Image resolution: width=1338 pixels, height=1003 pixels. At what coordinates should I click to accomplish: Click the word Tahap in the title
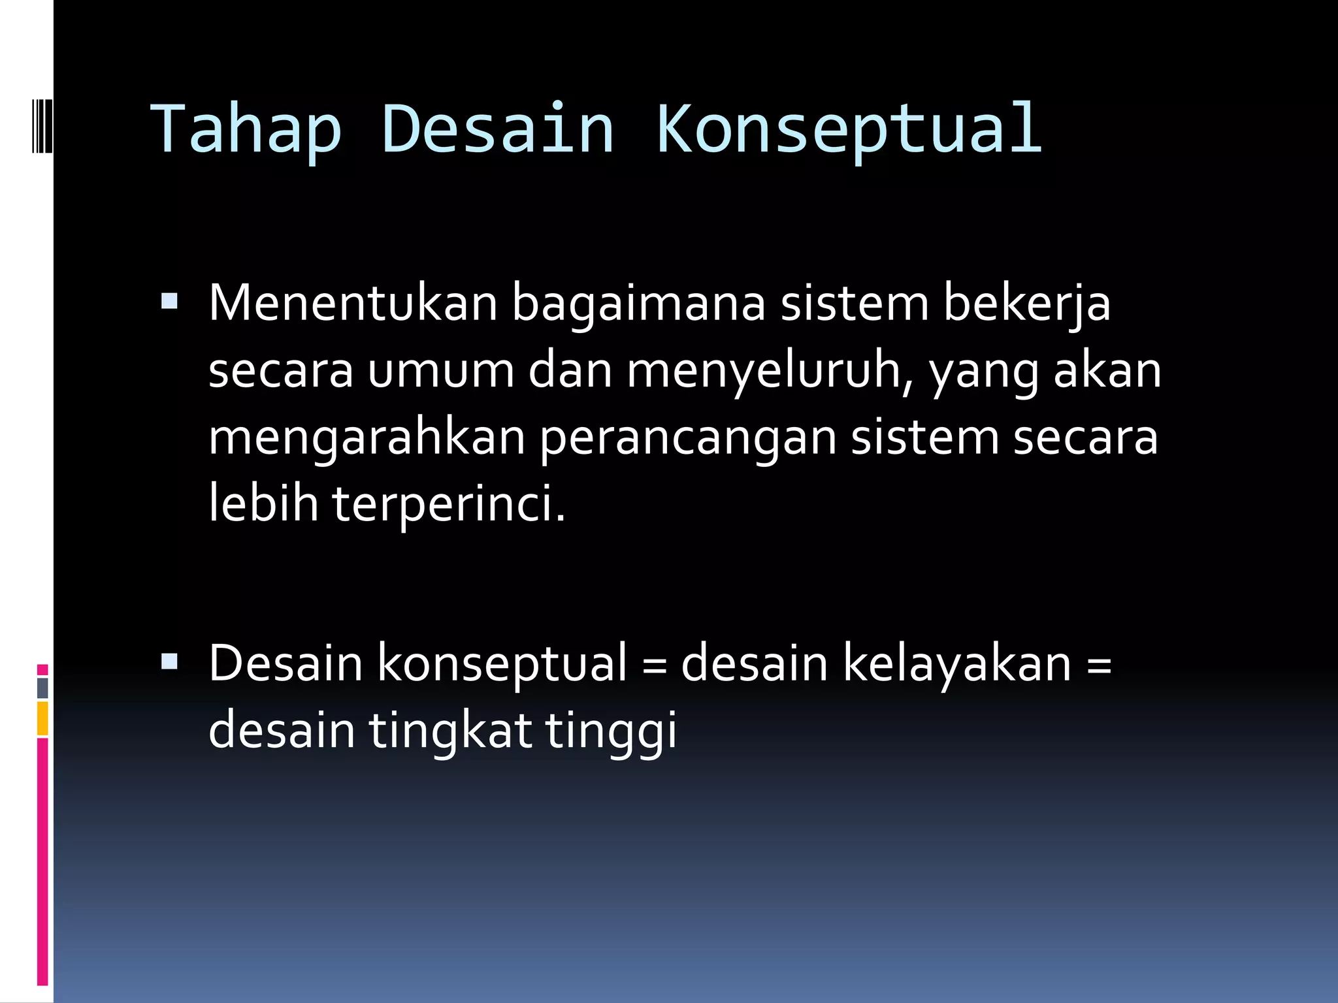(246, 129)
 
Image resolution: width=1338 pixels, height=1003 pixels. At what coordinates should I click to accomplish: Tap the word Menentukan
(353, 304)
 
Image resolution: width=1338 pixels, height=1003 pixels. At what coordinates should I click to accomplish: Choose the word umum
(440, 371)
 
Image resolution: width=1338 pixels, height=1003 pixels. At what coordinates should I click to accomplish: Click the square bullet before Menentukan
(169, 301)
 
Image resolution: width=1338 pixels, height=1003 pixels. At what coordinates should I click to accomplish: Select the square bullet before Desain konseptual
(169, 662)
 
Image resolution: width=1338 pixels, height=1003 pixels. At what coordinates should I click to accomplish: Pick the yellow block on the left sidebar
(42, 718)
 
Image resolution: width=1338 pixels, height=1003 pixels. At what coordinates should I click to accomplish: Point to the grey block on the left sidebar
(42, 688)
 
